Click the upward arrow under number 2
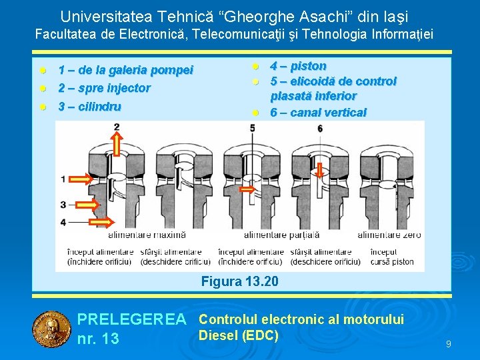click(117, 143)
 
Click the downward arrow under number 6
click(319, 172)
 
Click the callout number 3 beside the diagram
click(63, 204)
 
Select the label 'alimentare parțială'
click(282, 235)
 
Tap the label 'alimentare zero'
click(389, 235)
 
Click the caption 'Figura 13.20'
click(240, 281)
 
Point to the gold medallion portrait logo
click(51, 329)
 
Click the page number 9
click(449, 343)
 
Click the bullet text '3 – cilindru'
click(89, 107)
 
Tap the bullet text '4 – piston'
click(297, 66)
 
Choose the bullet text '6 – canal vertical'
click(318, 112)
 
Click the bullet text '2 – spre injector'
click(104, 88)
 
